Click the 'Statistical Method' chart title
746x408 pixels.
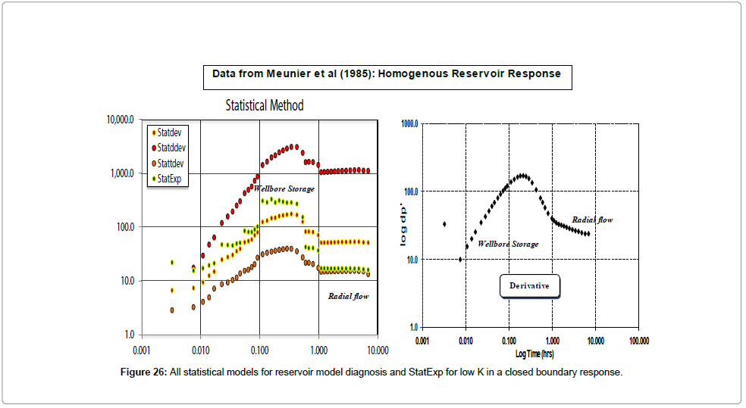click(265, 105)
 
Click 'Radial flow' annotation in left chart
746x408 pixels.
click(348, 296)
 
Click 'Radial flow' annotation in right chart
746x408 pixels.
click(592, 220)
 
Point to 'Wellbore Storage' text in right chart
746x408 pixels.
click(508, 244)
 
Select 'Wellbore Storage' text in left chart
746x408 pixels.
click(284, 188)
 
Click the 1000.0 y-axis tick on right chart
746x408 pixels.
click(408, 123)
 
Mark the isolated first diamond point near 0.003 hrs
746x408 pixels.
click(444, 224)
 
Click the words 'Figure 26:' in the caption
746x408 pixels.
click(144, 372)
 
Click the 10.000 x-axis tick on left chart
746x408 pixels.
click(377, 350)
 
